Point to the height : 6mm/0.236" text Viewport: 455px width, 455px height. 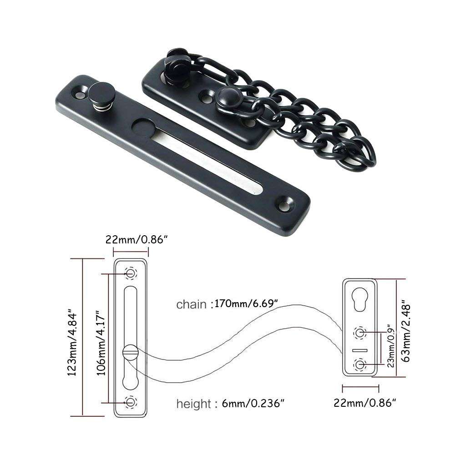231,403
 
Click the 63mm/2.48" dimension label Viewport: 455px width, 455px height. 407,327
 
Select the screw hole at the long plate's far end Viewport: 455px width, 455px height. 288,200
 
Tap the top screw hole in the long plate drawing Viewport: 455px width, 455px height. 131,273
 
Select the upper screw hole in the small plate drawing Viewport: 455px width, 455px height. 360,333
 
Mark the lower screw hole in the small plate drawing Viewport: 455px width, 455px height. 360,364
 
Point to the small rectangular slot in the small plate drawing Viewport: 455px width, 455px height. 360,350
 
